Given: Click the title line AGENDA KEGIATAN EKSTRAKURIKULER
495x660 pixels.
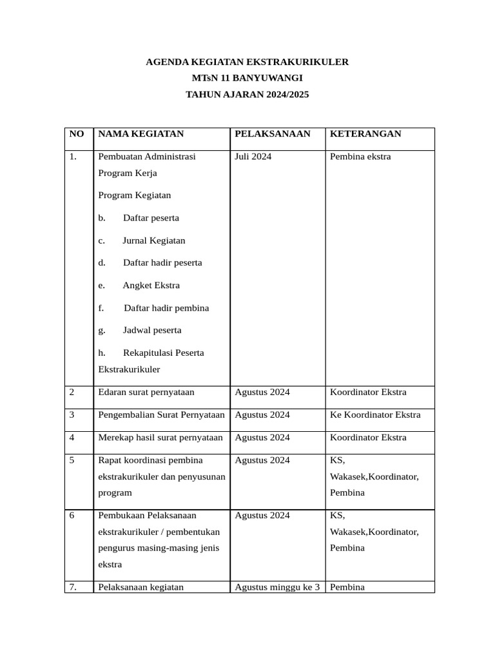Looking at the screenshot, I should [x=247, y=63].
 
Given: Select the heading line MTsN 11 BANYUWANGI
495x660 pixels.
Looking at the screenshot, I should [x=247, y=79].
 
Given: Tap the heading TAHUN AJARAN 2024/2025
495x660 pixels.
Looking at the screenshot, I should [x=247, y=95].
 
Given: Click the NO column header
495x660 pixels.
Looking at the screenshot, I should [x=76, y=134].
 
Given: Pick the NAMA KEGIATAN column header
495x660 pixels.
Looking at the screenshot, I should [x=141, y=134].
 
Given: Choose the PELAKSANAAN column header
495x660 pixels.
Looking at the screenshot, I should [x=272, y=134].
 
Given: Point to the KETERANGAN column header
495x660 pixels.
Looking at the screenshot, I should [x=365, y=134].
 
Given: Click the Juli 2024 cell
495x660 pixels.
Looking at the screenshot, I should [x=253, y=157].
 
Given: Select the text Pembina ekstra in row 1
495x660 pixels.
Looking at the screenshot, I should [x=360, y=157].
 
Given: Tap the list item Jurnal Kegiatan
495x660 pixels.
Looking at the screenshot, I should [x=153, y=240].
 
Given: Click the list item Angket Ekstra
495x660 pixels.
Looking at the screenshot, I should [x=151, y=286].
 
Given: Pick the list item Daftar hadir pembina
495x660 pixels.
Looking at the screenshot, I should [x=166, y=308].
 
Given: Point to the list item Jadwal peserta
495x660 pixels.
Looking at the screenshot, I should [x=152, y=331].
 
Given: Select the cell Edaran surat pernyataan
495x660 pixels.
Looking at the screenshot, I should [x=146, y=393].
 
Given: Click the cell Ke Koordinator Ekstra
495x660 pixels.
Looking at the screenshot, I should [x=375, y=415].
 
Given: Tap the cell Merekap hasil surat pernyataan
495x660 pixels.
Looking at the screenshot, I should [x=160, y=438].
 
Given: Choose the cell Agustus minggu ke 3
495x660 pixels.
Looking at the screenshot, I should [x=277, y=587].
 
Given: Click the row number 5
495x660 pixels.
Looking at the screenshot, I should [x=72, y=460].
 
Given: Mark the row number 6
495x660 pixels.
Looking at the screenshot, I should [x=72, y=516].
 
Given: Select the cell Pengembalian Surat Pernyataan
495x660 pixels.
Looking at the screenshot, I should [x=161, y=415].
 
